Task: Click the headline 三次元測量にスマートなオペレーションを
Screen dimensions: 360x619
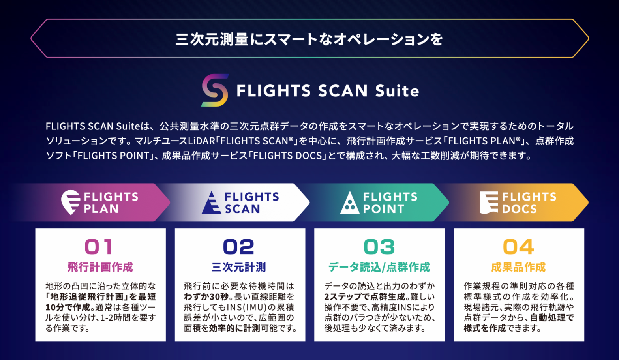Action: [309, 39]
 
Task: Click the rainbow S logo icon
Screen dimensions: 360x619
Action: [215, 90]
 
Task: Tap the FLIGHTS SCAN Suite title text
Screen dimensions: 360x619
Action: [328, 91]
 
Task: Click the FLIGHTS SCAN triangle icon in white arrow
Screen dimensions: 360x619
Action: [211, 202]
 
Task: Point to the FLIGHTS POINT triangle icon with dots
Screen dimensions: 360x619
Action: [350, 203]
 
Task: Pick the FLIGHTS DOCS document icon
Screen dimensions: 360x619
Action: [489, 202]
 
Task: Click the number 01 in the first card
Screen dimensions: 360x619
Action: [99, 247]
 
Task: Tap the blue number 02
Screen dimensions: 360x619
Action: [238, 247]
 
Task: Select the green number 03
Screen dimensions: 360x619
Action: [379, 247]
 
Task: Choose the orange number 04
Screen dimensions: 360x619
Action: [518, 247]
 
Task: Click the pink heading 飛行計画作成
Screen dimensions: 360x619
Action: [100, 267]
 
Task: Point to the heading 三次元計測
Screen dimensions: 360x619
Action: [239, 267]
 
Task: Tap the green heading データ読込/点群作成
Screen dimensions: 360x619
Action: [379, 267]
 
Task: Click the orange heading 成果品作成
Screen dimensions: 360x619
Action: [518, 267]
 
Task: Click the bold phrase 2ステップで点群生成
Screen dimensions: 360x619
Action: [365, 296]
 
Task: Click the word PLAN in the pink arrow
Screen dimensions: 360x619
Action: [101, 209]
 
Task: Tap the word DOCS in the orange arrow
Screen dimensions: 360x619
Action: [519, 209]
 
